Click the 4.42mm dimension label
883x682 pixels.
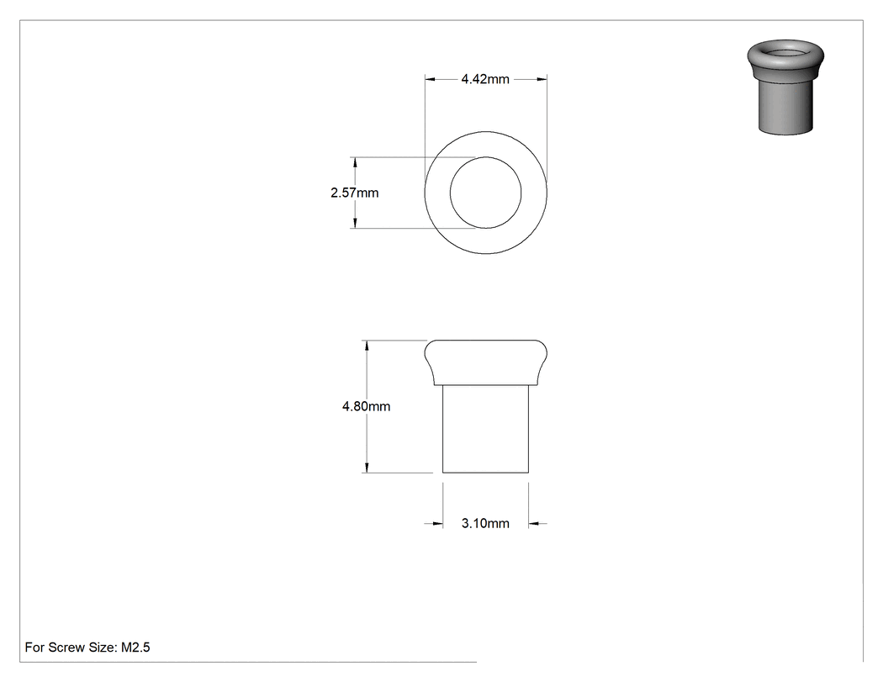(x=485, y=79)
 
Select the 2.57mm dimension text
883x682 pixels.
(x=354, y=193)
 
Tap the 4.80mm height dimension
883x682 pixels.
(x=366, y=406)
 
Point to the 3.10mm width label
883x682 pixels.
(x=485, y=523)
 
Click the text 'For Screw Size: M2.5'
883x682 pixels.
(x=87, y=647)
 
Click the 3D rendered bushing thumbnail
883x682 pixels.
(x=785, y=87)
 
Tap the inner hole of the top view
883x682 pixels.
(x=485, y=193)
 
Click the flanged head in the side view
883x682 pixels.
(x=485, y=362)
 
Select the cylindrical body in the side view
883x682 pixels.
(x=485, y=429)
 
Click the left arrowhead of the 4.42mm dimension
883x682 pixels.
(x=430, y=79)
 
